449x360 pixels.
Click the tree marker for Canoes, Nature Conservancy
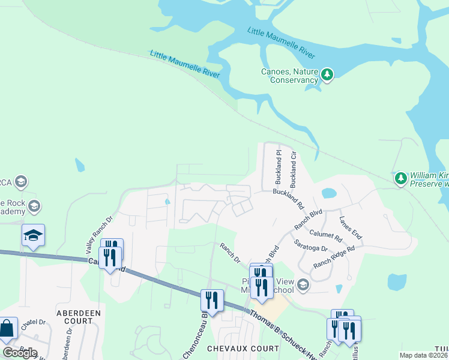click(327, 74)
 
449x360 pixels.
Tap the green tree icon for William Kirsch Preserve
click(400, 178)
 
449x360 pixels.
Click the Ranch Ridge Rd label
click(334, 256)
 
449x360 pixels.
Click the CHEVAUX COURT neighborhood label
click(243, 348)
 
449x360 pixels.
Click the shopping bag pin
click(8, 329)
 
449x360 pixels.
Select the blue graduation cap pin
click(34, 236)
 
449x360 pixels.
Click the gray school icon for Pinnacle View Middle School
click(303, 284)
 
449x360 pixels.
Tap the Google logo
click(20, 353)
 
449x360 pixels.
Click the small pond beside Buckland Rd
click(328, 193)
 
